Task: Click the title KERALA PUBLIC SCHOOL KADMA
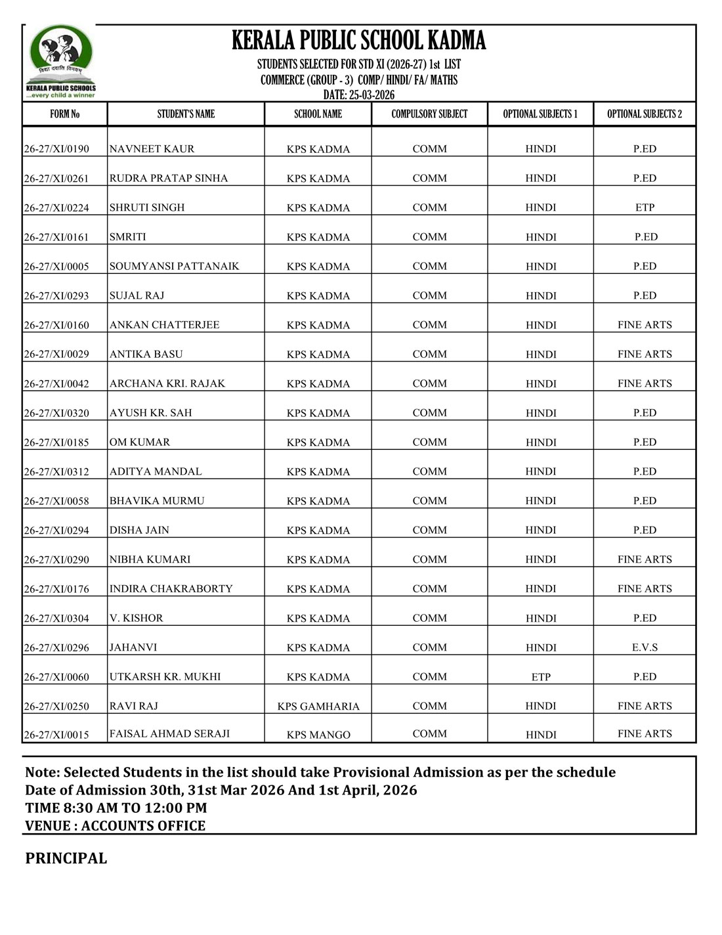tap(358, 41)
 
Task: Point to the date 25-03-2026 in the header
tap(359, 95)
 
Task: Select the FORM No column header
tap(64, 114)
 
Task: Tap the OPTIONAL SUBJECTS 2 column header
tap(644, 114)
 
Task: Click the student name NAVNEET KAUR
tap(152, 149)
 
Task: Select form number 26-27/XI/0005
tap(56, 267)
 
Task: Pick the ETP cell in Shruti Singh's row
tap(645, 207)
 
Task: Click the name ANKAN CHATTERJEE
tap(164, 325)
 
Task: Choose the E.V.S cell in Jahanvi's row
tap(645, 647)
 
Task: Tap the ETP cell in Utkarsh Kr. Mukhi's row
tap(541, 677)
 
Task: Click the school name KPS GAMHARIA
tap(318, 707)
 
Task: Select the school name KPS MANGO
tap(318, 735)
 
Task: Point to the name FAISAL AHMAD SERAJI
tap(169, 734)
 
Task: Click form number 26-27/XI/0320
tap(56, 413)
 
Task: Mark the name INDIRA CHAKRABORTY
tap(171, 589)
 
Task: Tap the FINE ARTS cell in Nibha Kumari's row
tap(645, 559)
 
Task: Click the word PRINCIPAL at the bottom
tap(66, 858)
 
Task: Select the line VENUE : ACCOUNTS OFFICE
tap(115, 826)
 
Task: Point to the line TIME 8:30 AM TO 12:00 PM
tap(116, 808)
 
